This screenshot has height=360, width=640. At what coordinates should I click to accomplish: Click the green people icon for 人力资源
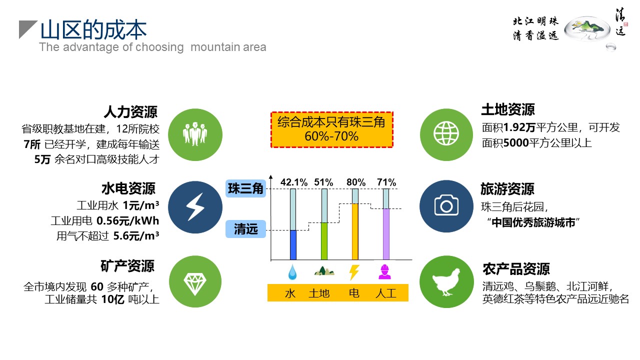pyautogui.click(x=195, y=134)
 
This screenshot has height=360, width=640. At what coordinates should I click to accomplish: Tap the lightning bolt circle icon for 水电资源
pyautogui.click(x=195, y=207)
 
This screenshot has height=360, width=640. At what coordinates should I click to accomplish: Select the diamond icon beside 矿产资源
pyautogui.click(x=195, y=281)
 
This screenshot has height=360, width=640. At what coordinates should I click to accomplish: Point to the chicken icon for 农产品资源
pyautogui.click(x=446, y=281)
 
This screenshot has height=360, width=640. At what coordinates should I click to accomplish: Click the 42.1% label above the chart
pyautogui.click(x=293, y=182)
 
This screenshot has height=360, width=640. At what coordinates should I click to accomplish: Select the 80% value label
pyautogui.click(x=356, y=182)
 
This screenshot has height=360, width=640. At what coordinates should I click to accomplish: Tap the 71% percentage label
pyautogui.click(x=386, y=182)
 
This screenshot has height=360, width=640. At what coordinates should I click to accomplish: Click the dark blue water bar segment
pyautogui.click(x=293, y=245)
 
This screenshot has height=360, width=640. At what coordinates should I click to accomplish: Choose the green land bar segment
pyautogui.click(x=324, y=241)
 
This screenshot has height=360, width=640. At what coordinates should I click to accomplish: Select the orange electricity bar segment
pyautogui.click(x=355, y=231)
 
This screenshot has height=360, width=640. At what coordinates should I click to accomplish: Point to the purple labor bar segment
pyautogui.click(x=386, y=234)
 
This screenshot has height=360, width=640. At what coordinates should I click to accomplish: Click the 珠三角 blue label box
pyautogui.click(x=245, y=188)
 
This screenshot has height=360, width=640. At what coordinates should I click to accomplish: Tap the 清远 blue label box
pyautogui.click(x=245, y=229)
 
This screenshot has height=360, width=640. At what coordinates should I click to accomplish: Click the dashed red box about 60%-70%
pyautogui.click(x=332, y=129)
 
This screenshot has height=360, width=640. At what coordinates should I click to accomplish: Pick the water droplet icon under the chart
pyautogui.click(x=292, y=272)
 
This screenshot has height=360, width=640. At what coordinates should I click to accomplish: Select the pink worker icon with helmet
pyautogui.click(x=384, y=272)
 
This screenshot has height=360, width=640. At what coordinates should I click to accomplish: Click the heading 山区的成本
pyautogui.click(x=93, y=29)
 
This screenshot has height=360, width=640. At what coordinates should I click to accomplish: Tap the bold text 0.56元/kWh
pyautogui.click(x=127, y=221)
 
